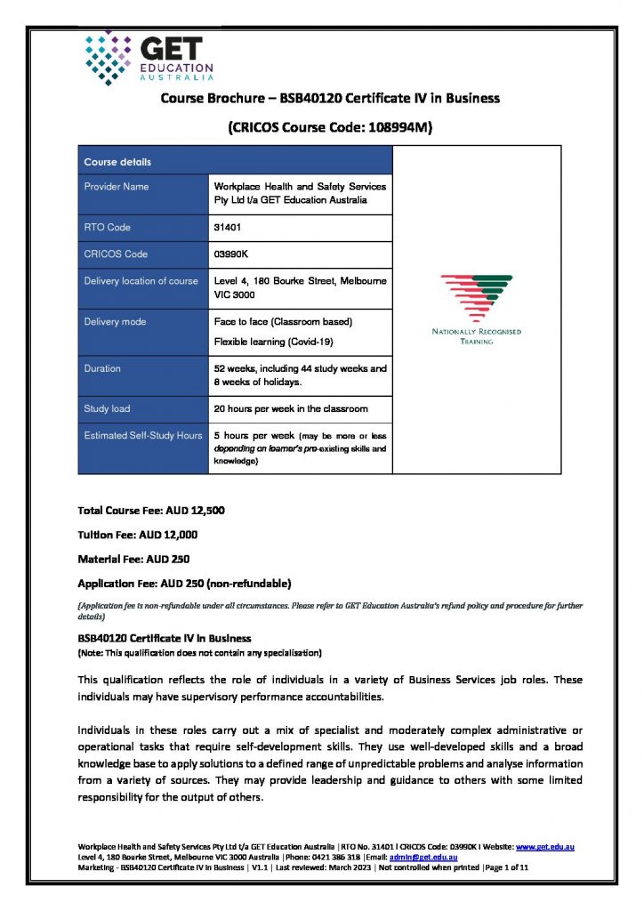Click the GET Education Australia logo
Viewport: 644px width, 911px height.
(x=149, y=58)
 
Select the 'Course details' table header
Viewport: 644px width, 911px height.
(x=117, y=162)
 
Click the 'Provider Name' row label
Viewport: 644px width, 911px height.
(x=117, y=187)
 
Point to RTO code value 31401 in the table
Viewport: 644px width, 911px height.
(x=228, y=228)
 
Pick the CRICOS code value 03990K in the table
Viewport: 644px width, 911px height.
(x=231, y=254)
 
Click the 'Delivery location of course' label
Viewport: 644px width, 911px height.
(x=141, y=281)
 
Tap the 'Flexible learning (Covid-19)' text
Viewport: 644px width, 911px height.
(x=272, y=342)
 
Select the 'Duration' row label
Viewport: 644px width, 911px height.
(x=102, y=368)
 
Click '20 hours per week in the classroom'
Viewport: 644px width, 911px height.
(x=291, y=409)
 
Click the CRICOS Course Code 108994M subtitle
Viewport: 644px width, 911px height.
(x=330, y=127)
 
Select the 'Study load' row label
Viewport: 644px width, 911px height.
(x=107, y=409)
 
